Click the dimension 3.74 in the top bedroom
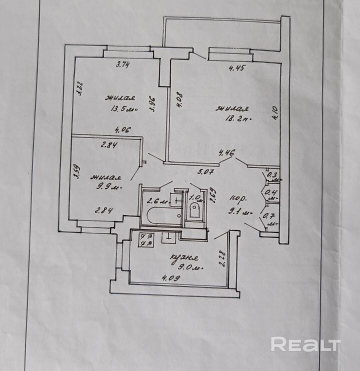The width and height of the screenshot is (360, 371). (123, 63)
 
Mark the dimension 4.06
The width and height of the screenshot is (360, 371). (122, 130)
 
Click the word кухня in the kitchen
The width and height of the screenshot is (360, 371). (184, 258)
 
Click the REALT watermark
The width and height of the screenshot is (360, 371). (305, 344)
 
